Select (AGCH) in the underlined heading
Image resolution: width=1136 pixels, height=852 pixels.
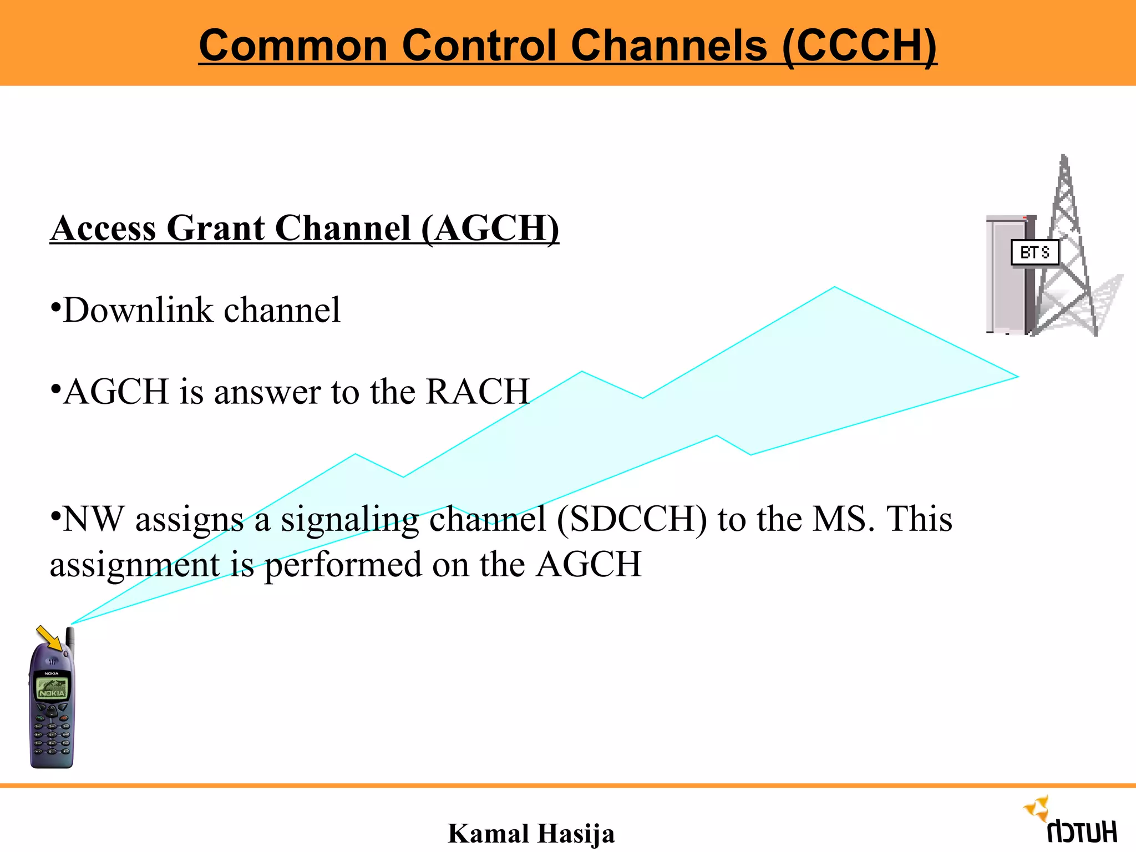[x=490, y=228]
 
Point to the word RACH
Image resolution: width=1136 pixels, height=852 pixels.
[x=478, y=392]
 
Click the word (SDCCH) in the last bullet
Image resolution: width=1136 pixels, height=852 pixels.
[x=632, y=519]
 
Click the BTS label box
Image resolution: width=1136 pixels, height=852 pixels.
[x=1034, y=253]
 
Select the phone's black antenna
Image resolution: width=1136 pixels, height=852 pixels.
[x=70, y=638]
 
